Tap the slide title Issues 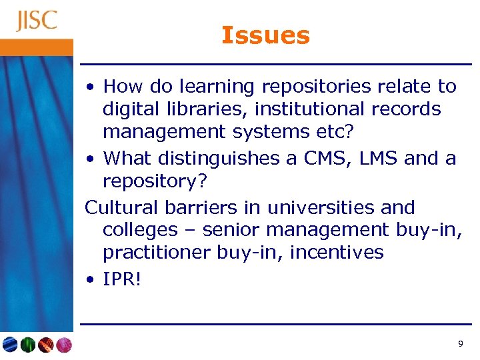pyautogui.click(x=265, y=35)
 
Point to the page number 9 pyautogui.click(x=460, y=344)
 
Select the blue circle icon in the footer pyautogui.click(x=10, y=345)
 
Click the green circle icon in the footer pyautogui.click(x=28, y=345)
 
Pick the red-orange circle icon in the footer pyautogui.click(x=45, y=345)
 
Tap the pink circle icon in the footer pyautogui.click(x=63, y=345)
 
